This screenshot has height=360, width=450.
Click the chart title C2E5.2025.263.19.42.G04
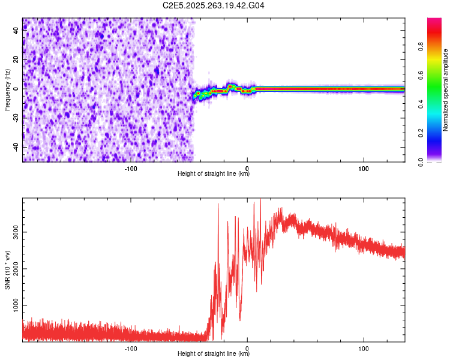(214, 6)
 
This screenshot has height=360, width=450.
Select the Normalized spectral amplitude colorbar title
(446, 90)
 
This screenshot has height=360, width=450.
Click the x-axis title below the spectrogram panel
(214, 174)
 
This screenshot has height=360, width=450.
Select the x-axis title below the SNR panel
(214, 354)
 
